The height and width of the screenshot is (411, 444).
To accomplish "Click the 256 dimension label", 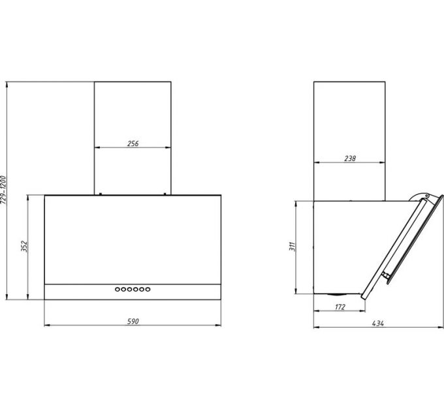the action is tap(133, 144).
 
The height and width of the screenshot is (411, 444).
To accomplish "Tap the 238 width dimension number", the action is tap(350, 159).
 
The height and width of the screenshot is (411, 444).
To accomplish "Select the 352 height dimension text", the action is tap(24, 247).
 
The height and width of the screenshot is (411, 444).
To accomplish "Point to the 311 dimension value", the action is tap(293, 247).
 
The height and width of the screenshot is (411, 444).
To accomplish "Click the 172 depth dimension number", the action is tap(340, 307).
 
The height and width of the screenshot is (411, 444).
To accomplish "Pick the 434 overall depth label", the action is tap(378, 324).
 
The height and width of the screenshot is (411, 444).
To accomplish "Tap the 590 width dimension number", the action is tap(133, 322).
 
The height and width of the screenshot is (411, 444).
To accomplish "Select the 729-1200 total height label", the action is tap(3, 190).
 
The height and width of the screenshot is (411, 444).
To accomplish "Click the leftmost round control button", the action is tap(118, 289).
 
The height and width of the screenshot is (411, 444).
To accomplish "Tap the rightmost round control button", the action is tap(148, 289).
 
